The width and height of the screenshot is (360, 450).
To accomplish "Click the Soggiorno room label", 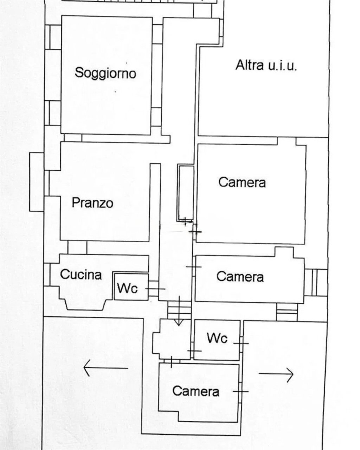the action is pos(105,73).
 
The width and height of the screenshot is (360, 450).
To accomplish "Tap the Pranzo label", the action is pos(92,203).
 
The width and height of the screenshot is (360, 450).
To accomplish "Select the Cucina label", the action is pos(81,275).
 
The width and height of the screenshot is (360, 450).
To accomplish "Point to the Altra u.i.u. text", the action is pos(266,65).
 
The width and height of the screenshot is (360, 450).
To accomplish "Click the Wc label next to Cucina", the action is pos(127,289).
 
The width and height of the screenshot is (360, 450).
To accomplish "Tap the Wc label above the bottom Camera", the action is pos(217,338).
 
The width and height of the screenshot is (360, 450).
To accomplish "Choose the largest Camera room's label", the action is pos(242,182).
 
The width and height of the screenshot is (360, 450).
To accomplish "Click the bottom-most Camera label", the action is pos(195,391).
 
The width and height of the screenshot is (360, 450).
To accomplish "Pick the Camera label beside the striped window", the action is pos(240,276).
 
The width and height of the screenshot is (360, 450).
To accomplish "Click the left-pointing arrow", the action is pos(105,368).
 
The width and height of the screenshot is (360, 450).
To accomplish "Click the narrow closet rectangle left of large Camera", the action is pos(186,192).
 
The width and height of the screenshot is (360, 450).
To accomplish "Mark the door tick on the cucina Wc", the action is pos(155,289).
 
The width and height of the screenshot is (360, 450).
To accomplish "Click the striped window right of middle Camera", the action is pos(315,282).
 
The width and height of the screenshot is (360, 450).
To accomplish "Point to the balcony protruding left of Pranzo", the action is pos(36,182).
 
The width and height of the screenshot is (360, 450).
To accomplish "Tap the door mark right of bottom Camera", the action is pos(240,391).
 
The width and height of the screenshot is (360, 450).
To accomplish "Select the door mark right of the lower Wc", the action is pos(241,343).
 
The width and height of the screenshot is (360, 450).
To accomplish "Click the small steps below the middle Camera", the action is pos(287,311).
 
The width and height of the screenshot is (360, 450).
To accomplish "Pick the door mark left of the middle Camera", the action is pos(193,267).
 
